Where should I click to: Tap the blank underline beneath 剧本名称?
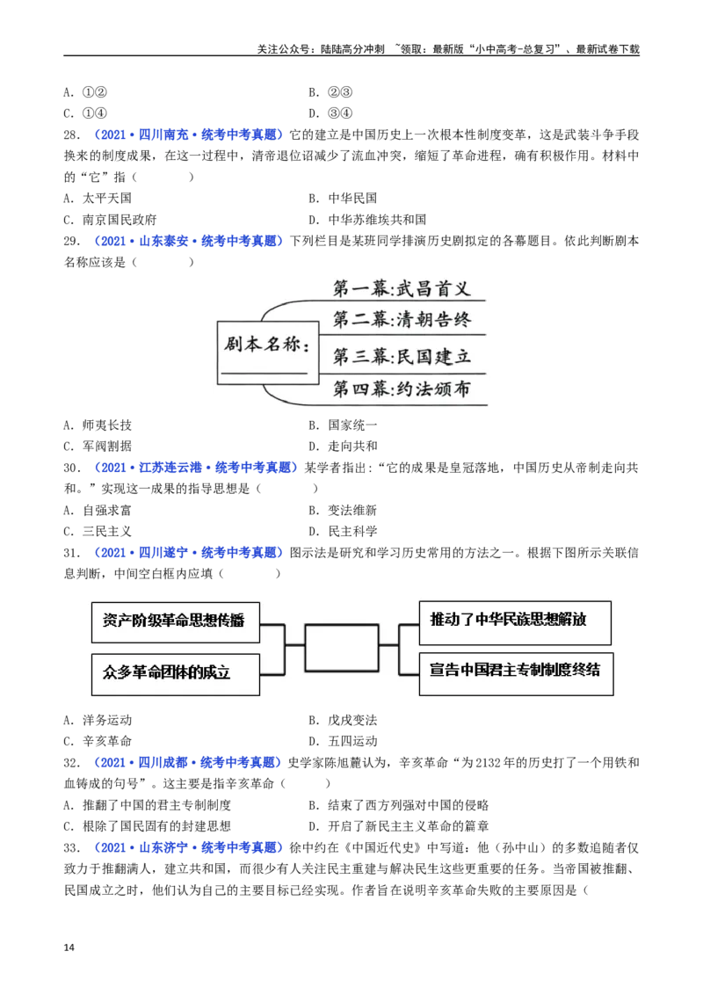(x=264, y=374)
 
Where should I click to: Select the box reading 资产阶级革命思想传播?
(x=176, y=621)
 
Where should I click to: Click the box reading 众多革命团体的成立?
(x=176, y=673)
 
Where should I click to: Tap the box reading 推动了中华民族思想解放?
(x=515, y=621)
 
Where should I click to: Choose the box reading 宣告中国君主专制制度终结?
(x=515, y=672)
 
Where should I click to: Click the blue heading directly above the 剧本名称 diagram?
(x=188, y=240)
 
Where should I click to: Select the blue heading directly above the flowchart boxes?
(x=191, y=553)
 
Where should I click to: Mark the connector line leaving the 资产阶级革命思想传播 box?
(x=272, y=625)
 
